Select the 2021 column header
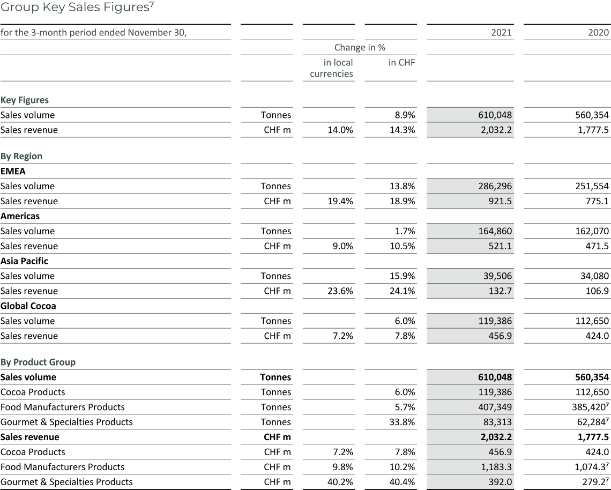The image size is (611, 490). click(501, 33)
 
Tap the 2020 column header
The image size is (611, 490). click(598, 33)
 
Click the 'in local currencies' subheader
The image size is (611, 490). click(331, 68)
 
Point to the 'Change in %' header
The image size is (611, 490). click(360, 48)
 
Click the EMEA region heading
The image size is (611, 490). click(13, 172)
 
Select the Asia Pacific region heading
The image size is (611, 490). click(24, 261)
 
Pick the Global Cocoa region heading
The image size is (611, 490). click(28, 306)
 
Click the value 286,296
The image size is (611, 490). click(494, 187)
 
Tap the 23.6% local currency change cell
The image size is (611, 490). click(340, 291)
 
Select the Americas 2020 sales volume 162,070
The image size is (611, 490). click(591, 232)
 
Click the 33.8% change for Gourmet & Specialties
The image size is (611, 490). click(402, 422)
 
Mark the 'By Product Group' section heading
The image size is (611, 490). click(38, 362)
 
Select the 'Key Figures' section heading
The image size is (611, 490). click(25, 100)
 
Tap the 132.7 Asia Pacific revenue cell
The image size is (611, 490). click(500, 291)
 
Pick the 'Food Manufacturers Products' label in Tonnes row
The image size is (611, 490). click(62, 407)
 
